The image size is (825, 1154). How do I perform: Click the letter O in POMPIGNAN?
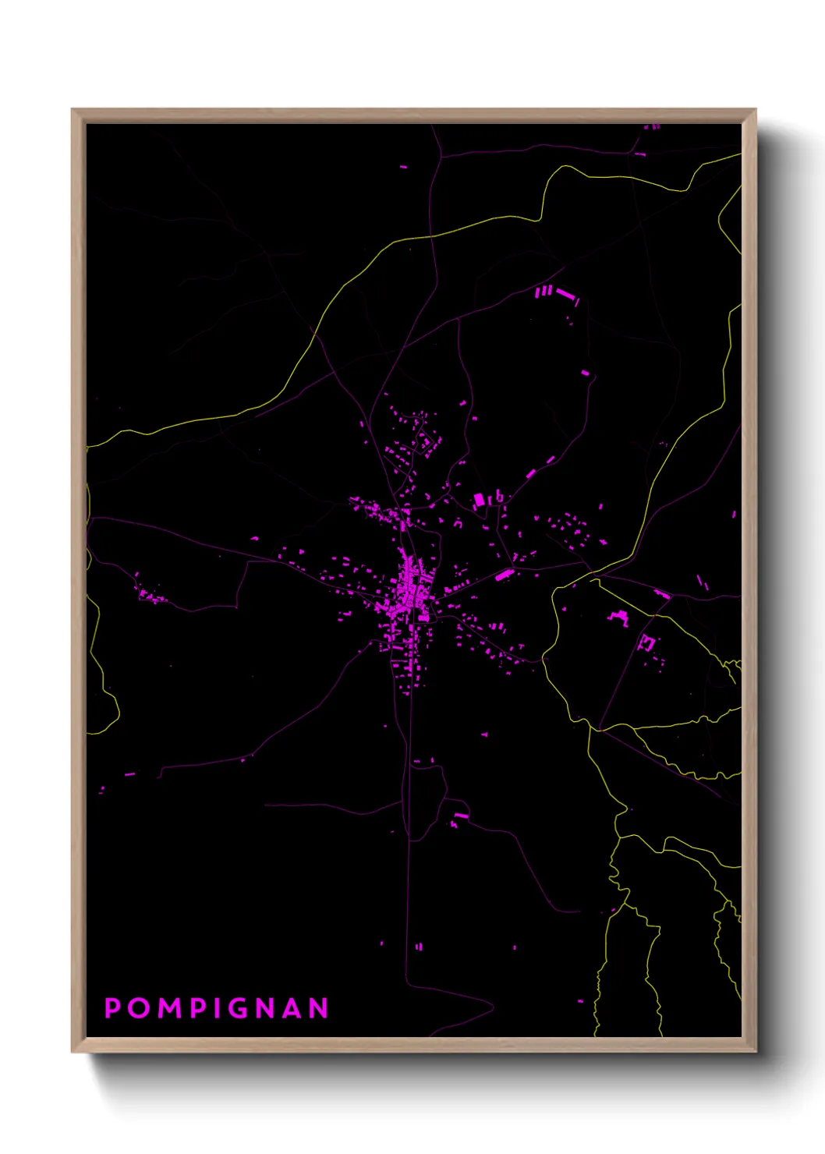click(x=138, y=1008)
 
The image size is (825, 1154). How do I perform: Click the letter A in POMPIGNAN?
click(x=292, y=1008)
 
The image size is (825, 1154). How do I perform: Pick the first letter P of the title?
click(x=112, y=1008)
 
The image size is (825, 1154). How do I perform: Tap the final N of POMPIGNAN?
click(x=319, y=1008)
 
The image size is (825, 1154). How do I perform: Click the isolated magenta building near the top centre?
click(x=404, y=166)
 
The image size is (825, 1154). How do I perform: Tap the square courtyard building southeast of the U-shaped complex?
click(x=646, y=643)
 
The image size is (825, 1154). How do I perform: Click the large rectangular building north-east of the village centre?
click(x=479, y=500)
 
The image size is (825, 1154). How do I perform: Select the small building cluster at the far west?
click(x=148, y=595)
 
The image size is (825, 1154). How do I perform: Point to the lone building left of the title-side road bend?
click(x=129, y=774)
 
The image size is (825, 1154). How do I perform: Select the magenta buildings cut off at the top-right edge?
click(x=652, y=126)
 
